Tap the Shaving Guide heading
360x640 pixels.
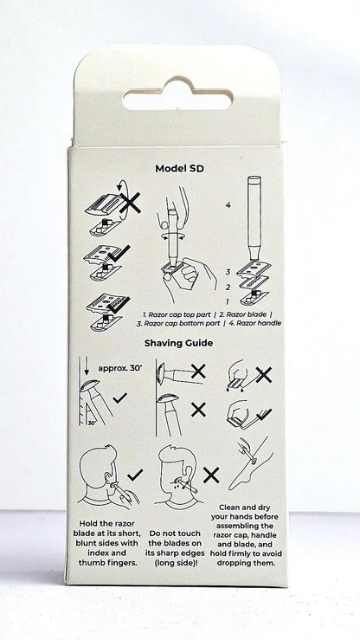[x=178, y=343]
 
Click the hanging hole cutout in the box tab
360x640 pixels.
[x=178, y=95]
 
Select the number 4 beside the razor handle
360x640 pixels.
[x=228, y=205]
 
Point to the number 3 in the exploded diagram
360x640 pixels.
[x=228, y=272]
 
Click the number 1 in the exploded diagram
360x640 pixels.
[x=228, y=301]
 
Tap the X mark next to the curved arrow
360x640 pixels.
[x=131, y=203]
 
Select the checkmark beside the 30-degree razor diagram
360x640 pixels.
[x=120, y=398]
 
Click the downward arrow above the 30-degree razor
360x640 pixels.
[x=86, y=365]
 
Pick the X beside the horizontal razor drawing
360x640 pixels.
[x=198, y=372]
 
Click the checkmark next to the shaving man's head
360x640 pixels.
[x=134, y=475]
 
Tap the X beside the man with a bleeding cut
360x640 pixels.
[x=211, y=475]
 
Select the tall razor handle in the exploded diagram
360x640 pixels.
[x=254, y=217]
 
